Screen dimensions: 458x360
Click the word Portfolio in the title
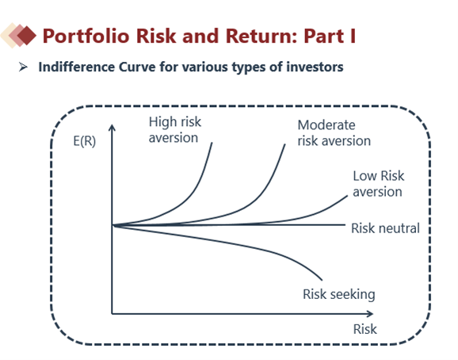tap(86, 36)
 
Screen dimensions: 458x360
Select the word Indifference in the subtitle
tap(77, 67)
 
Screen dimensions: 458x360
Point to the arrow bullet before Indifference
tap(23, 67)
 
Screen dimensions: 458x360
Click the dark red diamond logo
tap(27, 36)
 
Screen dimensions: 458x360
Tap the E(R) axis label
tap(85, 141)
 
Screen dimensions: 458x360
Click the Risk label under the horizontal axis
tap(365, 329)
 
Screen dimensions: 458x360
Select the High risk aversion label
tap(174, 130)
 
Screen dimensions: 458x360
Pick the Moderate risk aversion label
tap(334, 133)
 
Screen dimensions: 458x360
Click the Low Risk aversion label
tap(379, 184)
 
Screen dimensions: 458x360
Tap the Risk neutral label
tap(385, 228)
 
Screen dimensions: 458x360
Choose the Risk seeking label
tap(339, 294)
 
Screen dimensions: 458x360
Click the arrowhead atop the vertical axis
tap(112, 128)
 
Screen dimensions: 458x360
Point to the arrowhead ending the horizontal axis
tap(370, 314)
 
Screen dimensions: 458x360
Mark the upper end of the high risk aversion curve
tap(212, 143)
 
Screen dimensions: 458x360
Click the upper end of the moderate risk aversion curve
tap(284, 144)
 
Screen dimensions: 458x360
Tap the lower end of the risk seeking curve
tap(322, 280)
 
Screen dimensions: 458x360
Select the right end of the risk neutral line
tap(345, 224)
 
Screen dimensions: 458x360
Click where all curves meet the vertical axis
tap(113, 225)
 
